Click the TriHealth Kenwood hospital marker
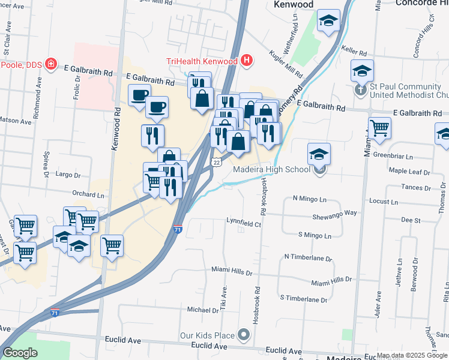tap(247, 61)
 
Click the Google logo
tap(20, 352)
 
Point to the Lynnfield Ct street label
tap(244, 223)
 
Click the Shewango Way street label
tap(334, 214)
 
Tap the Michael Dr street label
tap(203, 310)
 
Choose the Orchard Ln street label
tap(88, 194)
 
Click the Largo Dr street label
tap(68, 176)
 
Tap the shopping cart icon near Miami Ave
tap(379, 127)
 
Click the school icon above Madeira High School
tap(319, 154)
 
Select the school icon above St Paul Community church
tap(362, 71)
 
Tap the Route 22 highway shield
tap(217, 163)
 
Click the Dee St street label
tap(411, 221)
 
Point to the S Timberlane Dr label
tap(304, 299)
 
